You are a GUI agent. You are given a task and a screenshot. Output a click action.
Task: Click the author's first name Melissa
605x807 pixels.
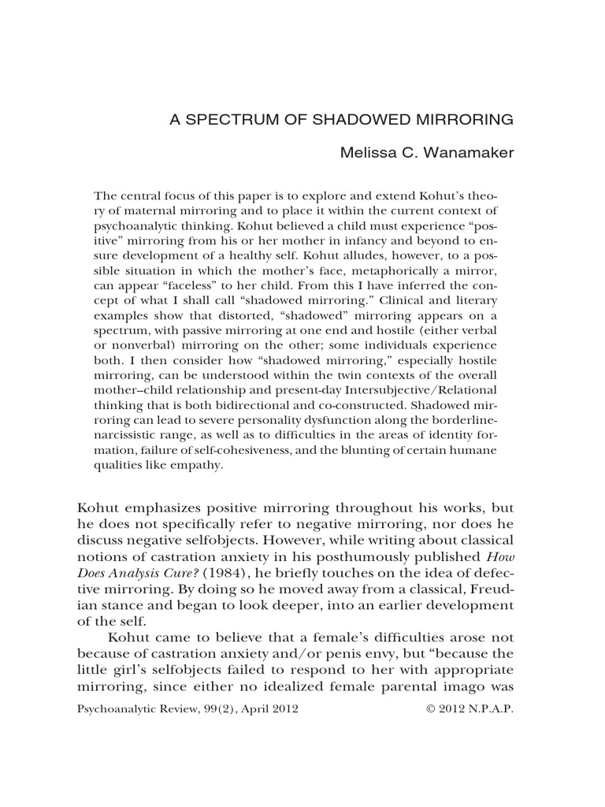click(x=368, y=152)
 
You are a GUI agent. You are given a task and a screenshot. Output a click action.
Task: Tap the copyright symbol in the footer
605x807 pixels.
click(x=430, y=709)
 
